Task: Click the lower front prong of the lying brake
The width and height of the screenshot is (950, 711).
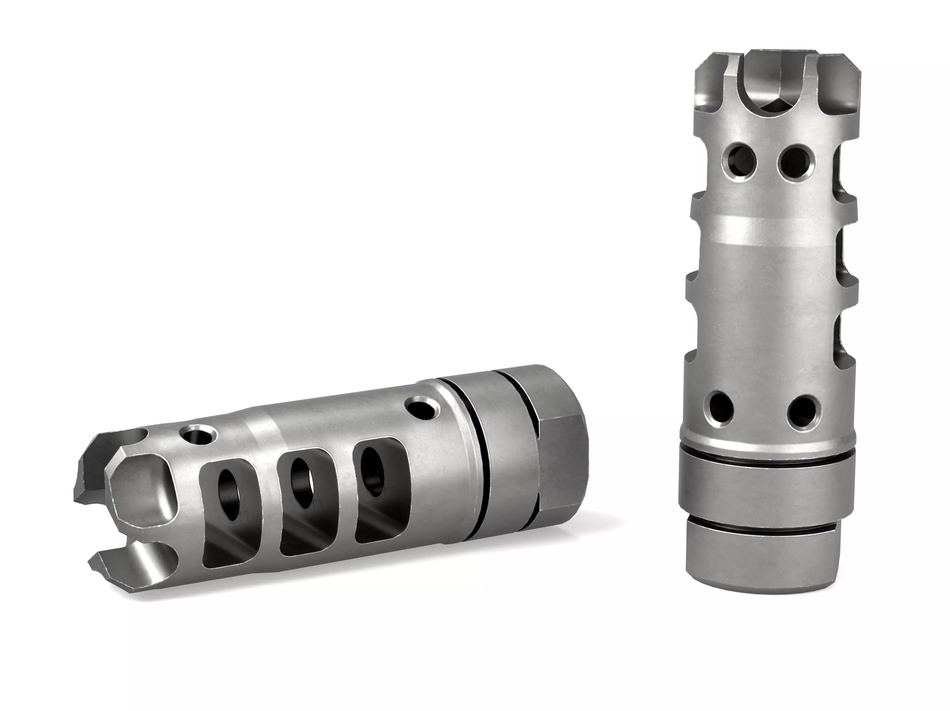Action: [x=125, y=571]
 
